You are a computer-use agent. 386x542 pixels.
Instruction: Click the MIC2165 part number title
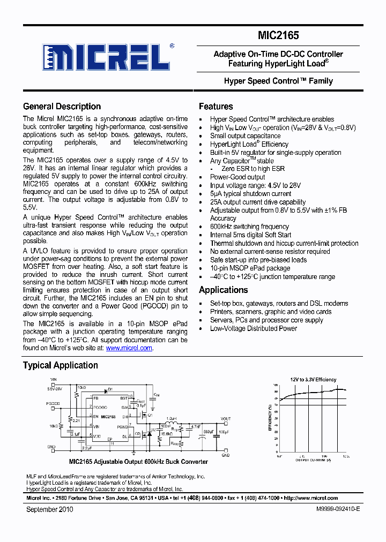(278, 36)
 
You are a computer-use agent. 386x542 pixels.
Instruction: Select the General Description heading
(62, 107)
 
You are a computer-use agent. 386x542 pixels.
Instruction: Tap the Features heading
(216, 107)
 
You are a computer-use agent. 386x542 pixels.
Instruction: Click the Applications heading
(223, 290)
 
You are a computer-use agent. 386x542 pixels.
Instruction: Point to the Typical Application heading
(60, 365)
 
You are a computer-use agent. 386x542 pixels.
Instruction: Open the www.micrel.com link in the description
(129, 348)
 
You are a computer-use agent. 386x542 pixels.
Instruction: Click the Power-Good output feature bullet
(237, 177)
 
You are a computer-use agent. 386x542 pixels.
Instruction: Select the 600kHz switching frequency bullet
(249, 227)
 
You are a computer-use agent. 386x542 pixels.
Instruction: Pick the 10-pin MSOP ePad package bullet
(250, 268)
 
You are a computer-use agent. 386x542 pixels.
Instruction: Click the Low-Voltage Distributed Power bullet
(253, 328)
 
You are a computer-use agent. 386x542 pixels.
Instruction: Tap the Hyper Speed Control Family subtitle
(278, 81)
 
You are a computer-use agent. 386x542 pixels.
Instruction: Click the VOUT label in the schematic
(226, 419)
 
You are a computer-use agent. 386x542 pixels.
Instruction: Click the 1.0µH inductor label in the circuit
(171, 418)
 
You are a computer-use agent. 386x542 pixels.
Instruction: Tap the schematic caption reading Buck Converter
(138, 462)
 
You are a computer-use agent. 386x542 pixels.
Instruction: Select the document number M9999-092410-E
(332, 509)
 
